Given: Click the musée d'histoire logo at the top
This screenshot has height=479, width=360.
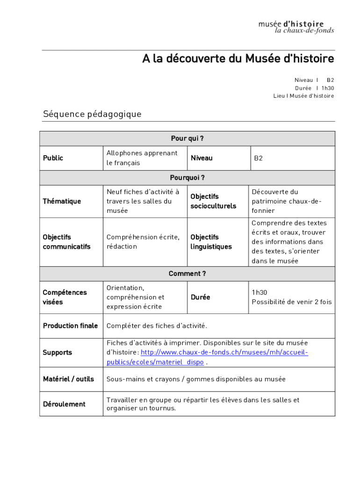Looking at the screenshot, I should [x=296, y=27].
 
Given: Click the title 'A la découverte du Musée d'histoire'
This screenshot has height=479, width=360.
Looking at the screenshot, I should [x=238, y=59].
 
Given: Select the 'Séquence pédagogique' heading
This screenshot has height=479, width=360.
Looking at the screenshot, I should [x=92, y=114].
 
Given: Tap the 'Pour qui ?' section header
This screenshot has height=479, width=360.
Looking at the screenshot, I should [x=187, y=138].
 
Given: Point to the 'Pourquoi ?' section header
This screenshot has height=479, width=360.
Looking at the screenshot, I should [x=187, y=178].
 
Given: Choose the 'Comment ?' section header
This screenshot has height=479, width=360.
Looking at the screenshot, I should [x=187, y=274].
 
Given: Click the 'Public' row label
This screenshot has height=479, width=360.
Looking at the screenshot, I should [x=53, y=158].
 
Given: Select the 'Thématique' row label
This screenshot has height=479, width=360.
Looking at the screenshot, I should [x=62, y=201].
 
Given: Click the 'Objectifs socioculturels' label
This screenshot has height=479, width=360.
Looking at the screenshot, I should [x=213, y=201].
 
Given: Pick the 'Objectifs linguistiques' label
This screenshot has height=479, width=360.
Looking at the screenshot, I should [x=211, y=242].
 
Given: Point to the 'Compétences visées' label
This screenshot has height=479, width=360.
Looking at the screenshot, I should [x=65, y=297].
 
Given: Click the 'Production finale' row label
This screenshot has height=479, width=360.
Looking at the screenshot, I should [x=70, y=326].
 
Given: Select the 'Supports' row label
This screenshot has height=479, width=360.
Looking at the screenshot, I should [x=58, y=352].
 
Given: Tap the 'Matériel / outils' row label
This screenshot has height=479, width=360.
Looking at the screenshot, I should [x=68, y=379].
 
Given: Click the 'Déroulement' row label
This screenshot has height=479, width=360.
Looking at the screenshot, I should [x=64, y=404].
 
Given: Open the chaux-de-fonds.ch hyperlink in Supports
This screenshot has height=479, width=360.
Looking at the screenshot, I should [x=224, y=352].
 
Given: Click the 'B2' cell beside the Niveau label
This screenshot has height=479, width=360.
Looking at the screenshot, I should [x=259, y=158].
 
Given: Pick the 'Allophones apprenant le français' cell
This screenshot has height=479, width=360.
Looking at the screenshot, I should [x=142, y=158].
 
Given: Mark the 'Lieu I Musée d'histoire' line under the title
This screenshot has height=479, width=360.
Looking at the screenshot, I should [x=303, y=96].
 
